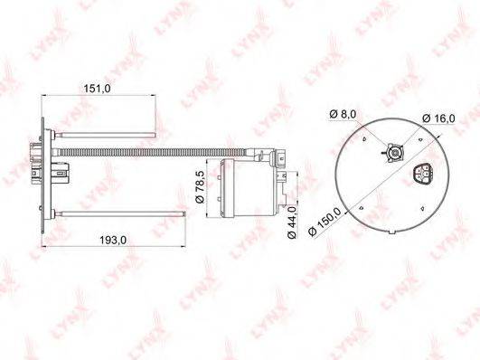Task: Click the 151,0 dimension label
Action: [97, 89]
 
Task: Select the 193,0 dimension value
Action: [113, 241]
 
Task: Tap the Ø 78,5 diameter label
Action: [200, 187]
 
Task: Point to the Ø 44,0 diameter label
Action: [292, 223]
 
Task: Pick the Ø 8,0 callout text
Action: [343, 114]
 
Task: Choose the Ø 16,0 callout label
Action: [438, 118]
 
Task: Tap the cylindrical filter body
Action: [247, 188]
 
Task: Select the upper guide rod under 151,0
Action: [105, 135]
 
